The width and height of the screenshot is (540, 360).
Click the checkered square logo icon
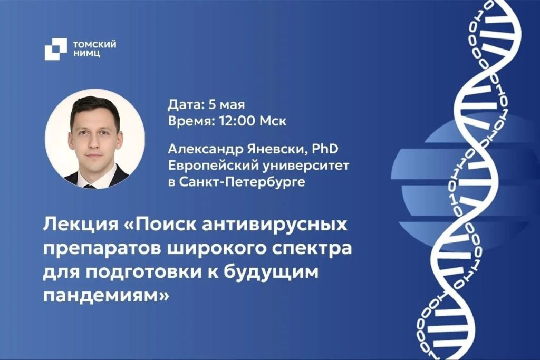55,49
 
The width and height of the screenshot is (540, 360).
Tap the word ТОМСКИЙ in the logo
95,44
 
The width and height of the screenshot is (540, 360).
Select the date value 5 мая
227,104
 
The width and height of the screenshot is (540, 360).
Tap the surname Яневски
277,149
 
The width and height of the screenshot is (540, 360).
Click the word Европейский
213,166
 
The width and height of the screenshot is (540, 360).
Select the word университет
306,166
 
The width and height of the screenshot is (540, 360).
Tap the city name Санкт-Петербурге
242,181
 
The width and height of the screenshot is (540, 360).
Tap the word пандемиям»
107,296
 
